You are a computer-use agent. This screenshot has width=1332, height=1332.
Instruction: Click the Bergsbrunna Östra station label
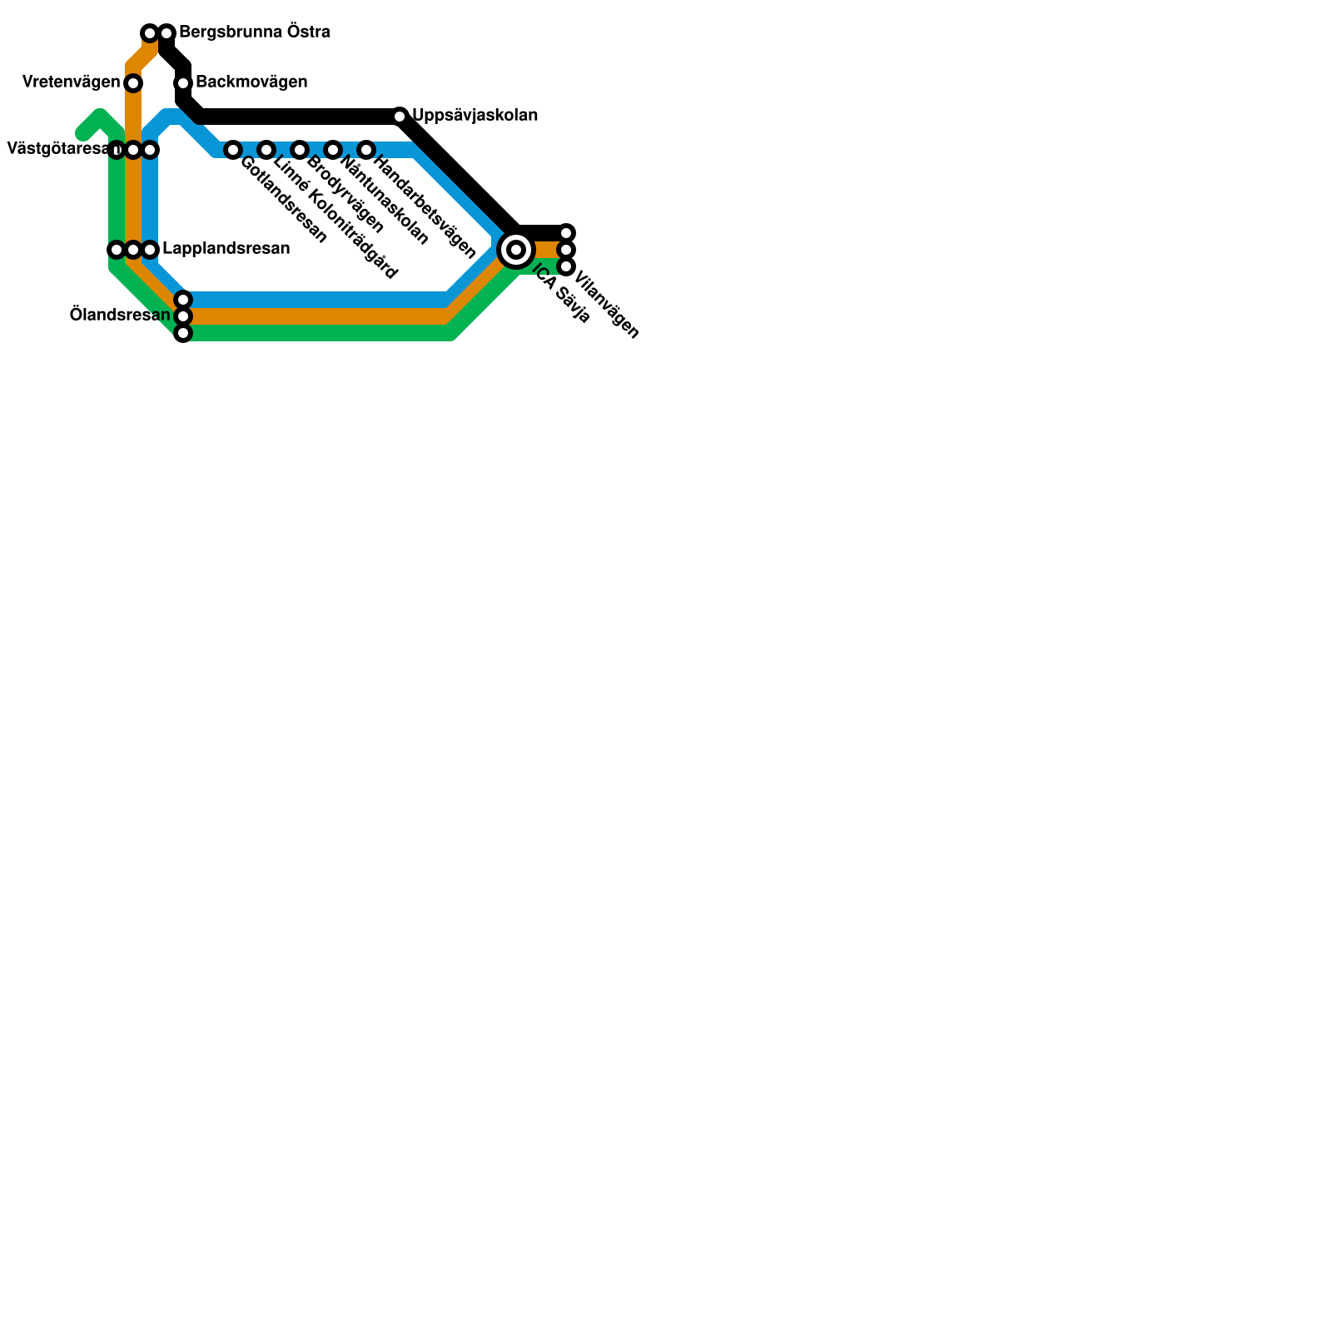point(254,32)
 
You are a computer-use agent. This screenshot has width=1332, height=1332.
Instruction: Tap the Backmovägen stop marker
point(183,83)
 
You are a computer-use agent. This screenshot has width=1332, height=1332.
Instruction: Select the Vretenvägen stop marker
point(133,83)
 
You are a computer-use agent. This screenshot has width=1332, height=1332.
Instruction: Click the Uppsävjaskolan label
point(475,116)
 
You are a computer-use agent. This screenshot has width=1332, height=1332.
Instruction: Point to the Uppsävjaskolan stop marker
point(400,117)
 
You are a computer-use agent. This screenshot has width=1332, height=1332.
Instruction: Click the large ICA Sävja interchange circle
point(516,249)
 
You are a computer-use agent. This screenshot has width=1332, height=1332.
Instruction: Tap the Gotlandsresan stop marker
point(233,150)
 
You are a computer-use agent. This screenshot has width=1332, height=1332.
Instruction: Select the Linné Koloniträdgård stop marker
point(266,150)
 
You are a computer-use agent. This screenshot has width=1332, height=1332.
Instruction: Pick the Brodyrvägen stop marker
point(300,150)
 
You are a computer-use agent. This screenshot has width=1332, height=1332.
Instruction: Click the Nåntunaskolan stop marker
point(333,150)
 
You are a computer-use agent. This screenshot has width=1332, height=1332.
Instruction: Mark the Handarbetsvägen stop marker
point(366,150)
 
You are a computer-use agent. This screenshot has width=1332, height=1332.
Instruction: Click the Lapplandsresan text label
point(226,249)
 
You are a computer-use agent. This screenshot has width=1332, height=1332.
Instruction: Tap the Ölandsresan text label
point(120,316)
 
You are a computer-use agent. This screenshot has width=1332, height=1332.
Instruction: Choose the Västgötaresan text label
point(58,150)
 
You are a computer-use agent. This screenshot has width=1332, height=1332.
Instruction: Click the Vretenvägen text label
point(71,82)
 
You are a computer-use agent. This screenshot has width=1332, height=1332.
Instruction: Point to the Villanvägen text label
point(607,306)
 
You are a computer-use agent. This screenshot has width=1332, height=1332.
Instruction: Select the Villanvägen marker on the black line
point(566,233)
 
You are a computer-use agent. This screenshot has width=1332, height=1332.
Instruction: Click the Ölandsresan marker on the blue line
point(183,300)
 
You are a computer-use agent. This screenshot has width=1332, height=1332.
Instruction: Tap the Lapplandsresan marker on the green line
point(117,250)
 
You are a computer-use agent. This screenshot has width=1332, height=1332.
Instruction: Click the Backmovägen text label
point(251,82)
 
